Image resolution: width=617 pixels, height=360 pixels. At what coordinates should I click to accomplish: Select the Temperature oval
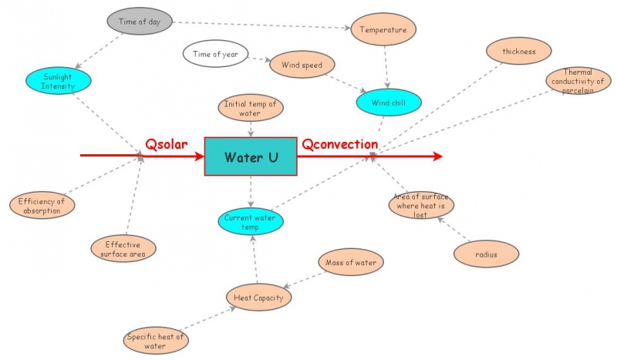click(x=384, y=31)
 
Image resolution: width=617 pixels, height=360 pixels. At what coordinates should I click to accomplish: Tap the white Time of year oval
click(x=216, y=54)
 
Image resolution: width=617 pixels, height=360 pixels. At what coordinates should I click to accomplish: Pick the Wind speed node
click(x=302, y=65)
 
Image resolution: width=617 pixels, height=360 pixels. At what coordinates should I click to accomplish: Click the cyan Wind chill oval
click(x=389, y=102)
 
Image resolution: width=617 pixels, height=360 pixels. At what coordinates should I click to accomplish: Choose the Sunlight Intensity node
click(x=58, y=81)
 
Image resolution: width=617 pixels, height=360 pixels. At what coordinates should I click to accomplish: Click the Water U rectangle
click(x=251, y=156)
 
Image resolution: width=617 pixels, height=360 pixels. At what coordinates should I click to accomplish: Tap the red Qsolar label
click(x=167, y=144)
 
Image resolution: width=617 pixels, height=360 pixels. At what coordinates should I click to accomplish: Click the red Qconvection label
click(x=339, y=144)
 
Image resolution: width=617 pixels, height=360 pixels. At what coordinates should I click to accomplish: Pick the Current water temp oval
click(x=250, y=223)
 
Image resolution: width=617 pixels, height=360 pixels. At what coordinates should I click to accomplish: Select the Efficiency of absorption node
click(x=42, y=206)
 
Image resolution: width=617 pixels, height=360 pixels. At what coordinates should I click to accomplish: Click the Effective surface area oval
click(x=123, y=249)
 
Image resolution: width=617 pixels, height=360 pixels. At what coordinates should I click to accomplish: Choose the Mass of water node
click(x=351, y=263)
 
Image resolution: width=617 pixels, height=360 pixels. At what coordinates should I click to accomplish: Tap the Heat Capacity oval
click(x=259, y=298)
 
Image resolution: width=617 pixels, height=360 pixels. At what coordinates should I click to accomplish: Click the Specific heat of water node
click(x=155, y=340)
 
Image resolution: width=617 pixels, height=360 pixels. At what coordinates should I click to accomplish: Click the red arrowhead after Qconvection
click(x=438, y=156)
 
